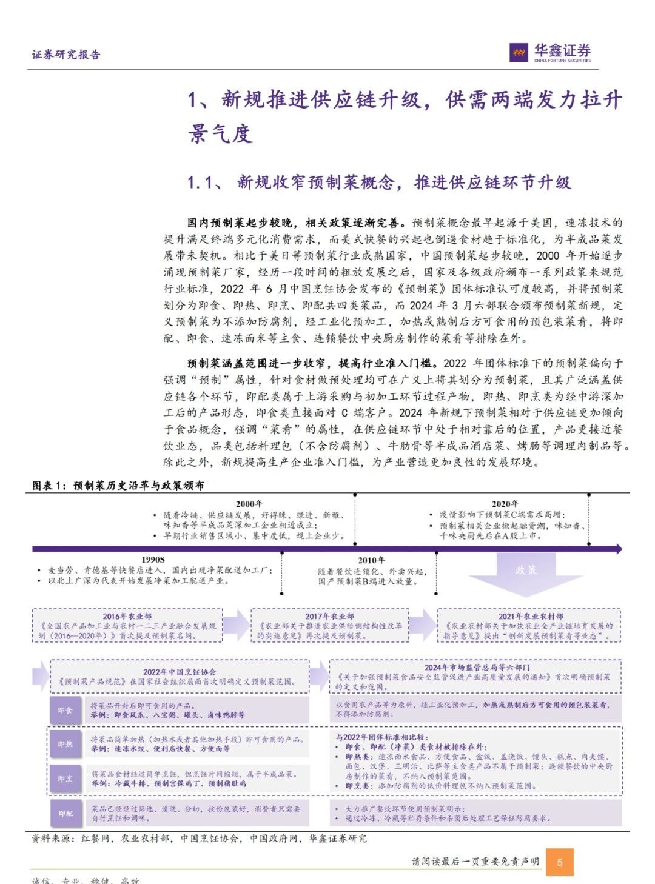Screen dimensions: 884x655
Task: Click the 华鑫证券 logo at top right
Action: [x=551, y=52]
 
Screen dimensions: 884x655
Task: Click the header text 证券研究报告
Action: [x=66, y=55]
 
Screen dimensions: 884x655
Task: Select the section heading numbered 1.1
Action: [x=379, y=182]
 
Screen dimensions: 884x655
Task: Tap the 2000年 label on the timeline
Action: [x=249, y=504]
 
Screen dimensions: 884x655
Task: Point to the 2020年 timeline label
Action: [x=505, y=504]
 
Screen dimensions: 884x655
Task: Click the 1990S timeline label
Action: [x=153, y=560]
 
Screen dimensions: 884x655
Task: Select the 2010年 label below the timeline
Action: [x=371, y=560]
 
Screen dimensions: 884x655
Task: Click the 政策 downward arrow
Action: [x=525, y=573]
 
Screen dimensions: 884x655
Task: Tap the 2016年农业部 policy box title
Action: [x=127, y=616]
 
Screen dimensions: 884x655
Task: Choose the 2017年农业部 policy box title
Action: [x=329, y=616]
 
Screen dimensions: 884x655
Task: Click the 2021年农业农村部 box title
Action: [x=531, y=616]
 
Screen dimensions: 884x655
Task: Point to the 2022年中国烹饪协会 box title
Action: [x=180, y=672]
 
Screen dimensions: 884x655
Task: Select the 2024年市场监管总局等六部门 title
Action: [x=477, y=667]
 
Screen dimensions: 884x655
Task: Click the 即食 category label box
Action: [x=65, y=711]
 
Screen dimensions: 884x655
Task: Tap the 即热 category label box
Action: [x=65, y=744]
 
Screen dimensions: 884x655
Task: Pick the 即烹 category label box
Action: [x=65, y=779]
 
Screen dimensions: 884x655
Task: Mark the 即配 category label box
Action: [x=65, y=813]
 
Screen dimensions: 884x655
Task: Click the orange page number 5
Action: [x=560, y=862]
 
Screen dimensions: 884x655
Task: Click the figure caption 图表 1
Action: [x=118, y=486]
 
